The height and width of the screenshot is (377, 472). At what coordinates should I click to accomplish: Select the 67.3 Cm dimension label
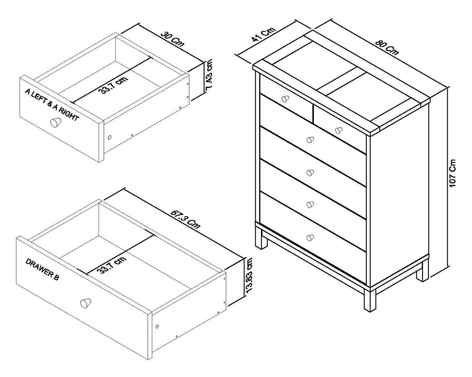tap(185, 219)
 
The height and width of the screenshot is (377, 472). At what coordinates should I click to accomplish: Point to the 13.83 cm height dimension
tap(249, 275)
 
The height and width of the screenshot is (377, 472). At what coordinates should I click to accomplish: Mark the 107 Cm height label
tap(453, 173)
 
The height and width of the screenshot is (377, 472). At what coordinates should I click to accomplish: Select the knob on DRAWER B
tap(86, 303)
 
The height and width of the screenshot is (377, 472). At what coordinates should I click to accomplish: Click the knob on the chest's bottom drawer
tap(310, 238)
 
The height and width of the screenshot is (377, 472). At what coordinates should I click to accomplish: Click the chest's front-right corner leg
tap(370, 299)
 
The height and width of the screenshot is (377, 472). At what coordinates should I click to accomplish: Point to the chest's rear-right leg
tap(422, 270)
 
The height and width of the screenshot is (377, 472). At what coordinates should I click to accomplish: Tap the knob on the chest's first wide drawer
tap(310, 140)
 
